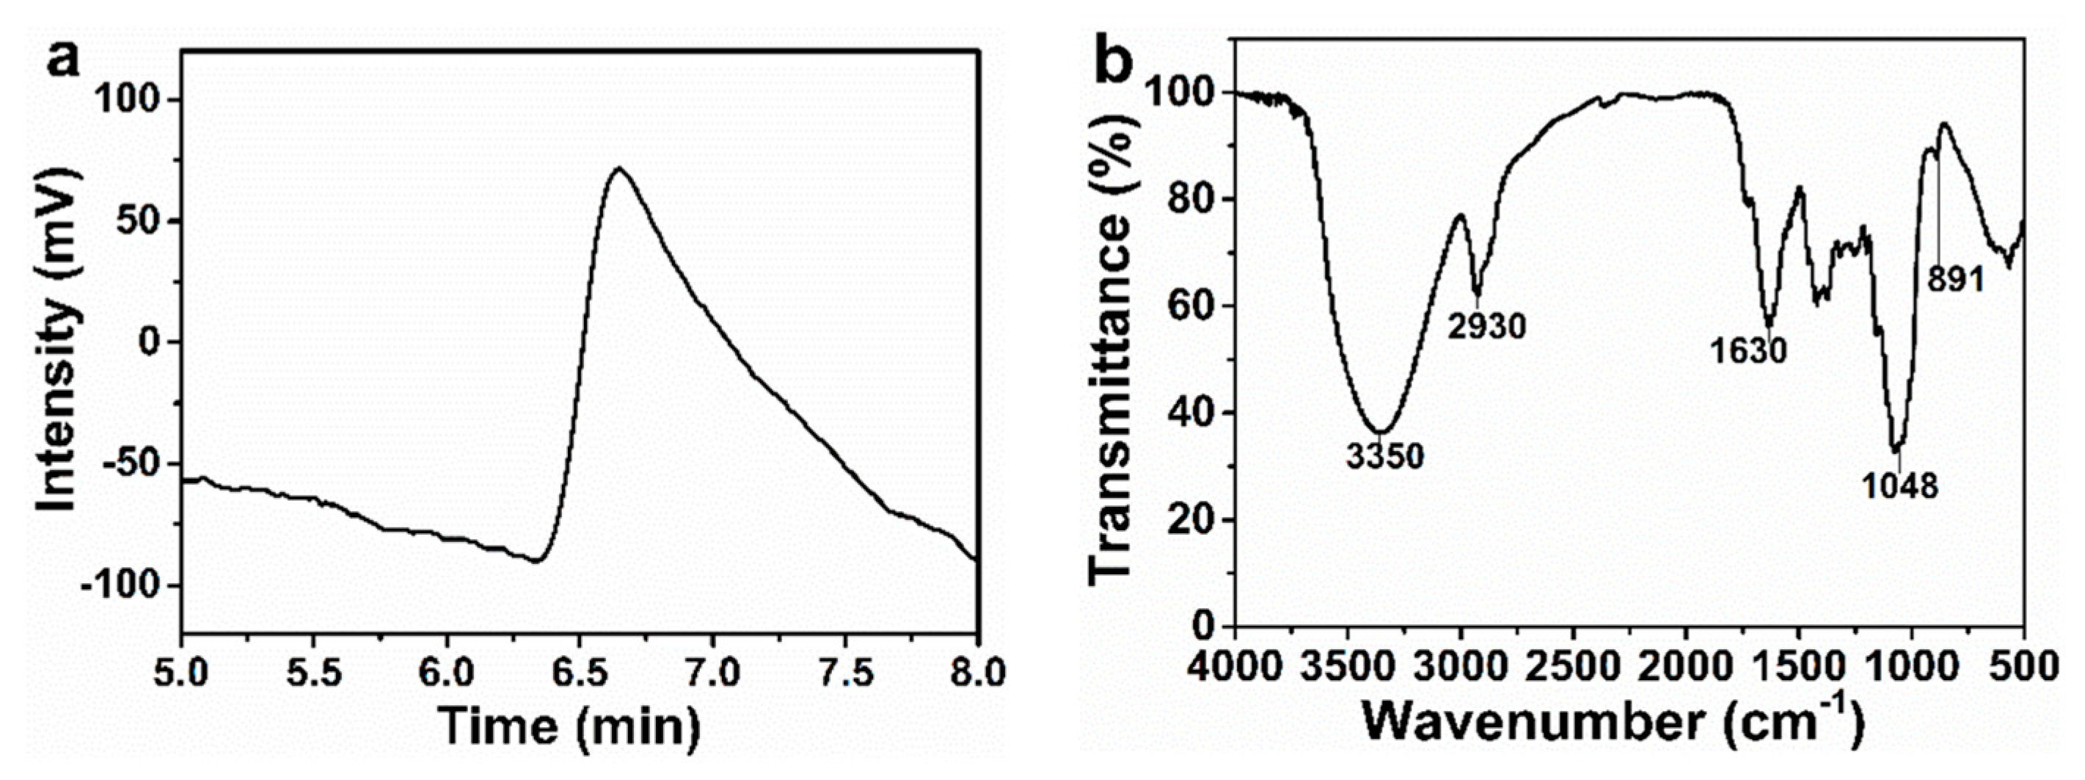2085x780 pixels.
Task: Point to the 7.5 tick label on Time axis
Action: tap(845, 672)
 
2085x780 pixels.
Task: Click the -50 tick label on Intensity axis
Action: tap(131, 463)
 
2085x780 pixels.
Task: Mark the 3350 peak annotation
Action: tap(1385, 457)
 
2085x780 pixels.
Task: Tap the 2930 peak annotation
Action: tap(1487, 326)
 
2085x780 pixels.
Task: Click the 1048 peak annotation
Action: tap(1899, 486)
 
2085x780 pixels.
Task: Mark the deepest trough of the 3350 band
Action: tap(1381, 431)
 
